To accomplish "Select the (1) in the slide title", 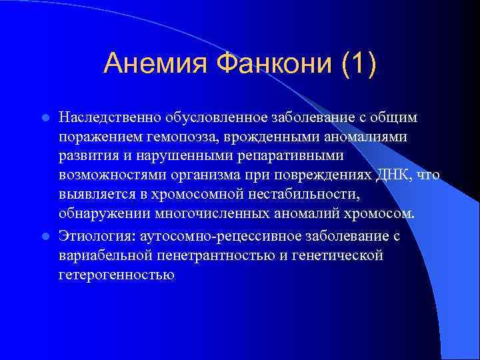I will pos(359,64).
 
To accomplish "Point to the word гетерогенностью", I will pos(117,275).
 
